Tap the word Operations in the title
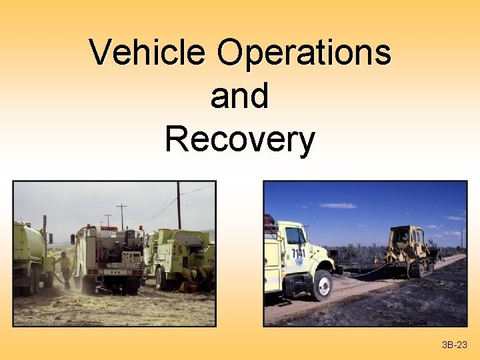[x=304, y=53]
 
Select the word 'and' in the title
[x=239, y=96]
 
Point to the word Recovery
[x=239, y=140]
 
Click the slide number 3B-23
[x=455, y=345]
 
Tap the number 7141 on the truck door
[x=298, y=253]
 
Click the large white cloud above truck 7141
[x=337, y=205]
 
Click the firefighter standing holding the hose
[x=65, y=269]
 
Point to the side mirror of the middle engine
[x=73, y=239]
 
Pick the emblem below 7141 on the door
[x=299, y=263]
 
